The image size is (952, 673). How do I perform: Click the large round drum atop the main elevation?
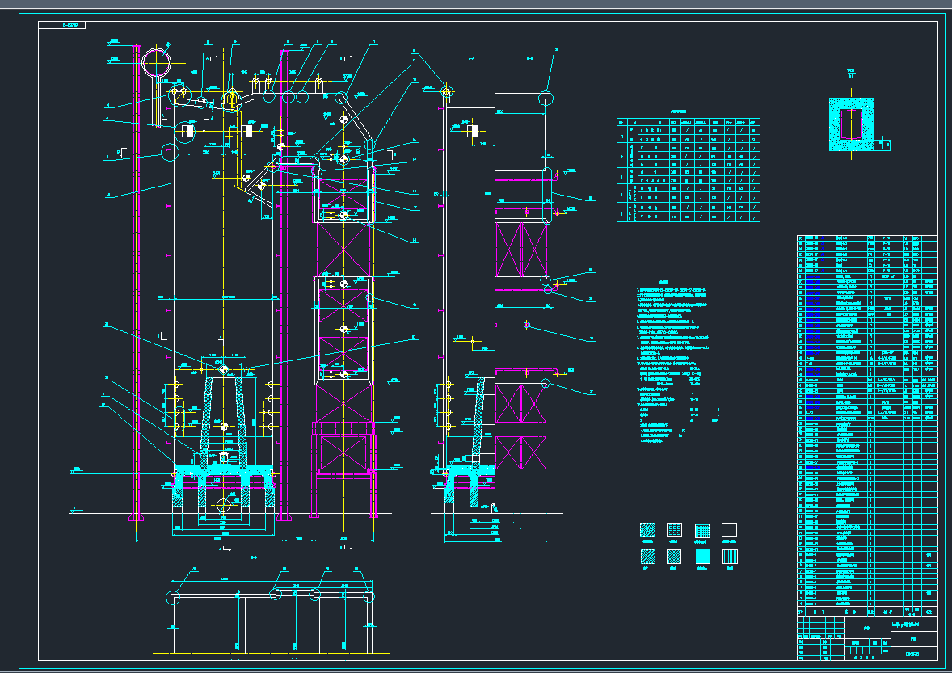tap(157, 60)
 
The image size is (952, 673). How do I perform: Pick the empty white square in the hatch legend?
tap(729, 530)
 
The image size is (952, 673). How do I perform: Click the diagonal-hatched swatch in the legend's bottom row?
tap(647, 556)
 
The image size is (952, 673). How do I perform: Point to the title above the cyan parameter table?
tap(688, 113)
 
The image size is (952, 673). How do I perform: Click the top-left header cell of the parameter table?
tap(621, 122)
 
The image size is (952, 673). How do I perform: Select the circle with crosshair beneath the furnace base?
tap(224, 505)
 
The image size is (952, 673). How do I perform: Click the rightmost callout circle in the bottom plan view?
tap(369, 598)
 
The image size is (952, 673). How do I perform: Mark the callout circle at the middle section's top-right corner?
tap(546, 98)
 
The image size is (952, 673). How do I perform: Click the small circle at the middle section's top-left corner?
tap(445, 94)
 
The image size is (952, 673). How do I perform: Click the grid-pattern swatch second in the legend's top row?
tap(675, 530)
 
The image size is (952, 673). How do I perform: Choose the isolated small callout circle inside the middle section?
tap(526, 325)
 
